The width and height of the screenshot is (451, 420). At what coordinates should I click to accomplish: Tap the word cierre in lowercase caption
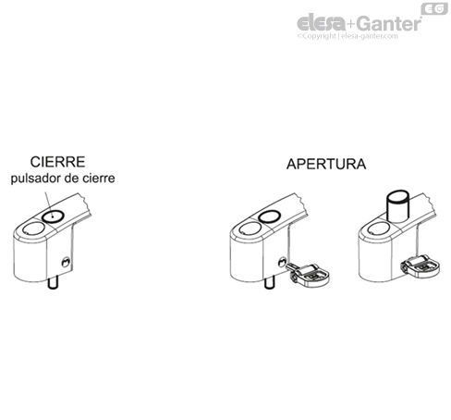(100, 179)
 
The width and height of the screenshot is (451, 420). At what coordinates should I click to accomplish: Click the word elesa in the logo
(318, 23)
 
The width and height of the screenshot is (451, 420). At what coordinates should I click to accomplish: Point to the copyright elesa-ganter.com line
(347, 37)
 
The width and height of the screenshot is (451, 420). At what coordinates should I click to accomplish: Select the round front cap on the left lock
(31, 228)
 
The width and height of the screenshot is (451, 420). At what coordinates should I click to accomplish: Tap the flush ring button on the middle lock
(271, 216)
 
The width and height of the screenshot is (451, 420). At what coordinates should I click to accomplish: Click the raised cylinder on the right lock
(397, 204)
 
